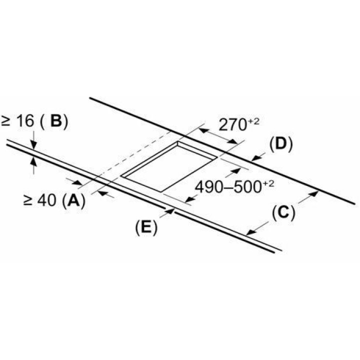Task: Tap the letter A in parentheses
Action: pyautogui.click(x=72, y=200)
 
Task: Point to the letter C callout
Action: pyautogui.click(x=283, y=213)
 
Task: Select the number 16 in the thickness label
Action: pyautogui.click(x=24, y=121)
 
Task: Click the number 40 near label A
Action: pyautogui.click(x=46, y=200)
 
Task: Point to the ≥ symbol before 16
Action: pyautogui.click(x=6, y=121)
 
